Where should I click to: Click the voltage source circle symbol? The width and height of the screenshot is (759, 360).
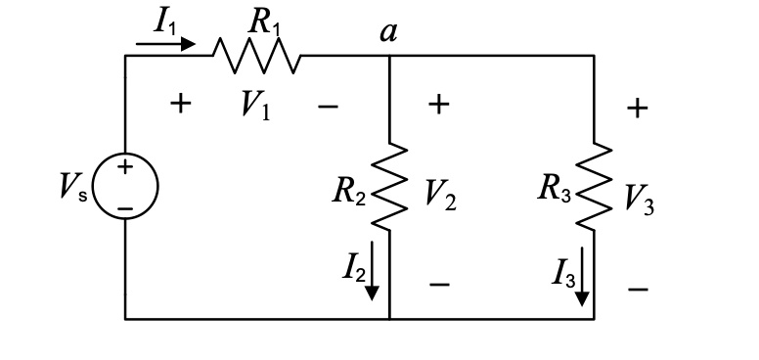point(125,188)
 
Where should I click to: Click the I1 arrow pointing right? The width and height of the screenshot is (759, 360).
point(166,44)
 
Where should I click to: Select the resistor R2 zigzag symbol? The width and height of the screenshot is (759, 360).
point(389,187)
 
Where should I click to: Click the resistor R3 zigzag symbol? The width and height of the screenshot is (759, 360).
point(593,187)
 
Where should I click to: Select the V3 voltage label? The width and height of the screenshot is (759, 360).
point(642,196)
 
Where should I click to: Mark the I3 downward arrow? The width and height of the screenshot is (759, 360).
point(582,276)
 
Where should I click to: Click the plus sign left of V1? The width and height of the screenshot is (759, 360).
point(180,104)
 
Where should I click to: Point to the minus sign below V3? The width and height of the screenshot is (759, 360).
point(640,289)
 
